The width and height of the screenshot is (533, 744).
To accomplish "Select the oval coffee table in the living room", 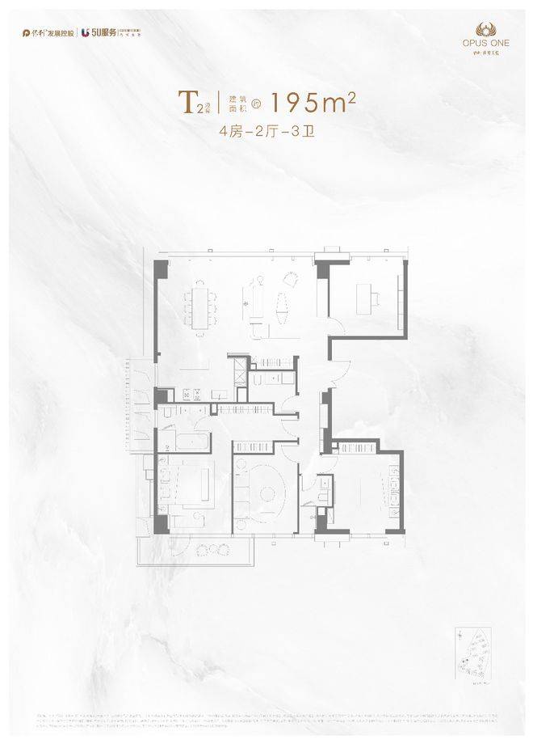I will pyautogui.click(x=281, y=306).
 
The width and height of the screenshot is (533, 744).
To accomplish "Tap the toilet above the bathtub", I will pyautogui.click(x=166, y=412).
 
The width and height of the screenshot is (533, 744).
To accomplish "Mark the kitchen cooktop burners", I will pyautogui.click(x=191, y=395).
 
